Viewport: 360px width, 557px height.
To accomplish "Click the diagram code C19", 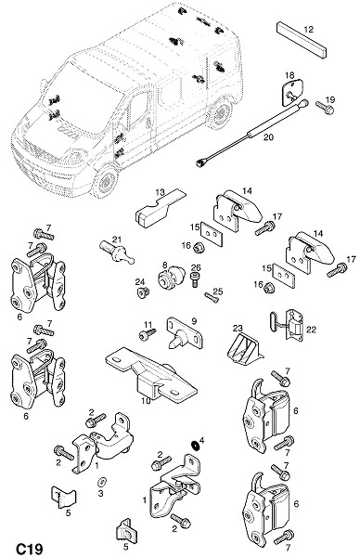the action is click(30, 549).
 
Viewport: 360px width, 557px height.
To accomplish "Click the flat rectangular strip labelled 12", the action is click(302, 40).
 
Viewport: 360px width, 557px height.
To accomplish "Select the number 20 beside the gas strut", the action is click(268, 136).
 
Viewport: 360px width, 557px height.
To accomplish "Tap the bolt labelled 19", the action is click(324, 107).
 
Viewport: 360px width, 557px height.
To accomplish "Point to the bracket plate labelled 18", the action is click(292, 92).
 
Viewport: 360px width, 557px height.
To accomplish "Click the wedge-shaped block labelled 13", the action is click(160, 210).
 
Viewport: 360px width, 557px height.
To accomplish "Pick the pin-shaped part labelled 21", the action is click(117, 252).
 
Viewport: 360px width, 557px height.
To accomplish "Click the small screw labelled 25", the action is click(212, 297).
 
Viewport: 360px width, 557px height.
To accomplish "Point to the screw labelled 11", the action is click(148, 334).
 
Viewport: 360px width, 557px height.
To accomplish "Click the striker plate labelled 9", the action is click(185, 333).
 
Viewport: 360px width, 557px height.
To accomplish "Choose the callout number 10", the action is click(146, 401).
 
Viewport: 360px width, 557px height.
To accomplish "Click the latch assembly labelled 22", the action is click(289, 325).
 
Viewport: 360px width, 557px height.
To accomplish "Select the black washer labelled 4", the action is click(195, 445).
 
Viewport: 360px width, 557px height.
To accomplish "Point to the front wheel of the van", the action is click(105, 182).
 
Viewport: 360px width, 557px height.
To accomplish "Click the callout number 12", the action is click(309, 29).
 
